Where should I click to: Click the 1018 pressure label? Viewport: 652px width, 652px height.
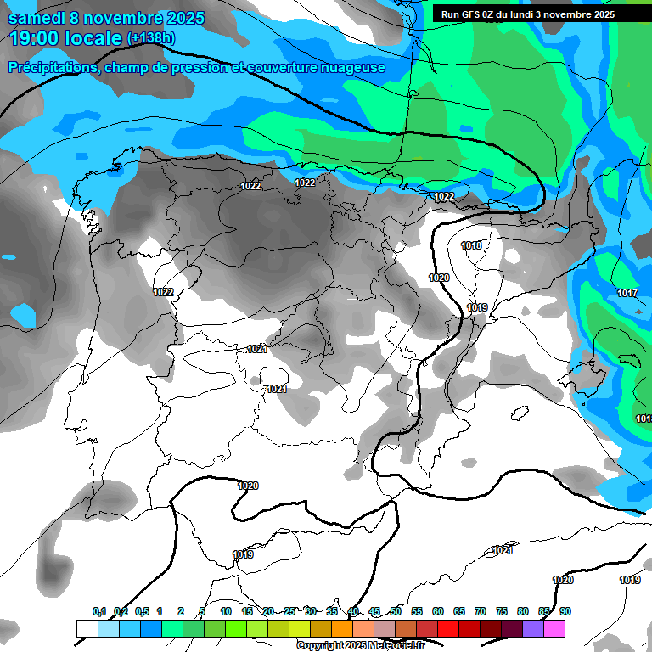tap(471, 245)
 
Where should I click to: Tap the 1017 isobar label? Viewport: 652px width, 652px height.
tap(627, 293)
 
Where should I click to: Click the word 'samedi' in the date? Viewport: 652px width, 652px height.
tap(39, 18)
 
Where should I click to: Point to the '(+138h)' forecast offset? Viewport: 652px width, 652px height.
tap(151, 38)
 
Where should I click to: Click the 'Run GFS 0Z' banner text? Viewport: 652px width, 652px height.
tap(480, 14)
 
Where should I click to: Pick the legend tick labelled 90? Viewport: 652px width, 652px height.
tap(565, 611)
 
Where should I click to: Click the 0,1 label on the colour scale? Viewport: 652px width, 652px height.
tap(98, 611)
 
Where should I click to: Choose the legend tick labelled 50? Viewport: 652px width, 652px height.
tap(396, 611)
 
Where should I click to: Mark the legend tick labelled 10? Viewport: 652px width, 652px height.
tap(226, 611)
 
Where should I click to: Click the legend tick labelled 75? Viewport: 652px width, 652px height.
tap(502, 611)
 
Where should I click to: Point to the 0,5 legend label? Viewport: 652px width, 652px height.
tap(141, 611)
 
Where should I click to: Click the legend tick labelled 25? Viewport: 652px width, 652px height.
tap(289, 611)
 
